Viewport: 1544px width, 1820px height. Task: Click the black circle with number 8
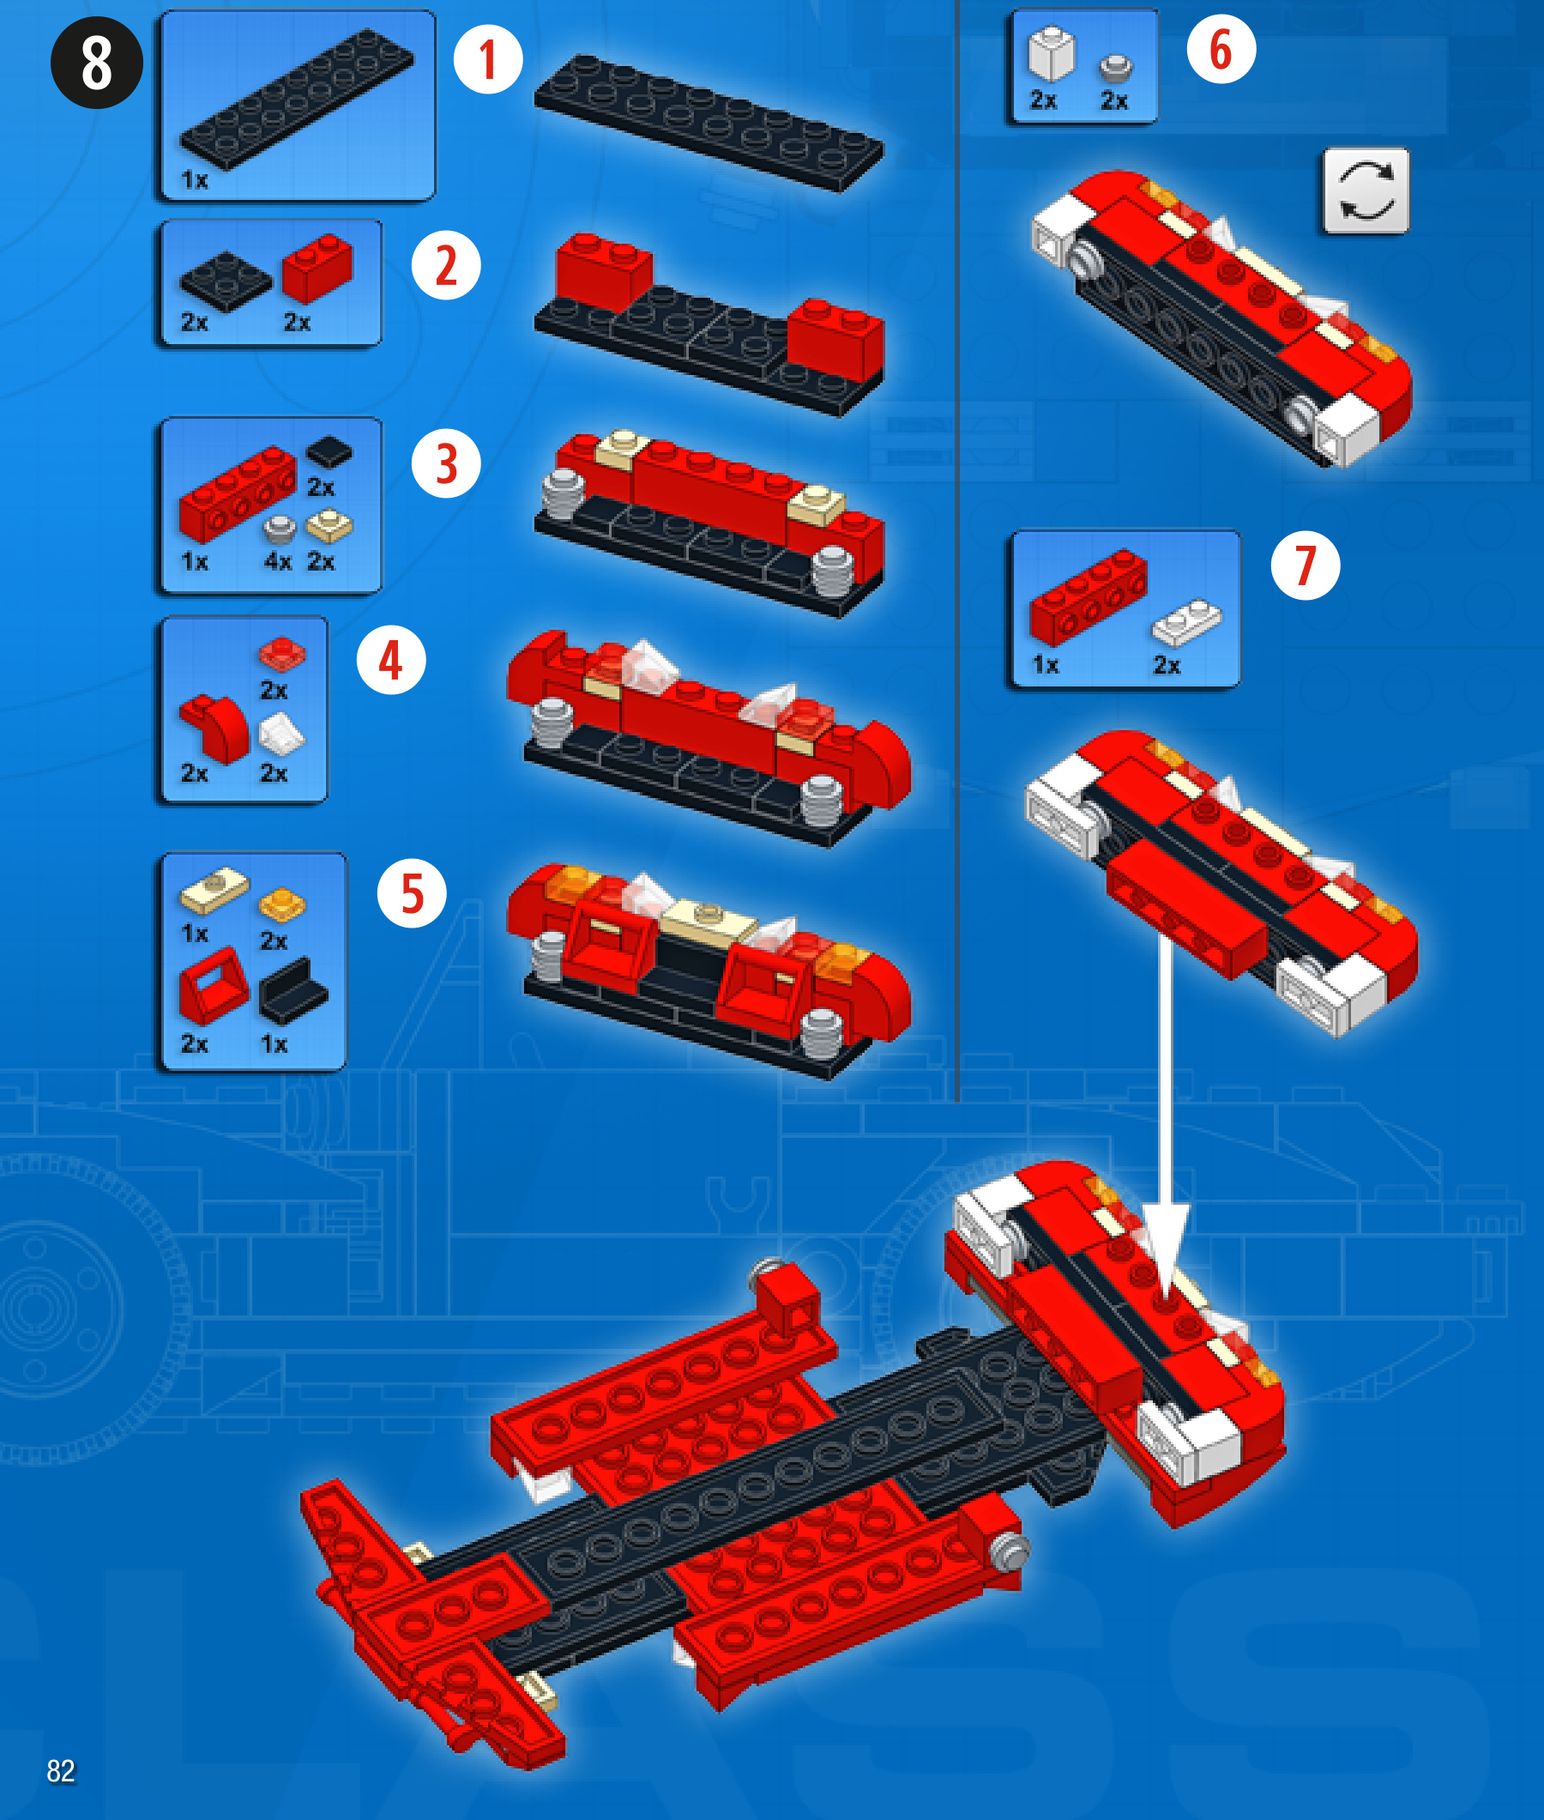pyautogui.click(x=96, y=62)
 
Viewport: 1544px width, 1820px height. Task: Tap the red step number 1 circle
pyautogui.click(x=487, y=59)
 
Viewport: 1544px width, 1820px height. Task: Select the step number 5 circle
pyautogui.click(x=412, y=894)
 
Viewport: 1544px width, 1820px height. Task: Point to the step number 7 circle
pyautogui.click(x=1305, y=565)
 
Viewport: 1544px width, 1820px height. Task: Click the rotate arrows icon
pyautogui.click(x=1366, y=190)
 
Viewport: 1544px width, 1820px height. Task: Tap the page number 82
pyautogui.click(x=60, y=1770)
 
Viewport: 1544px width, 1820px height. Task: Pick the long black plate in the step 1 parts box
pyautogui.click(x=297, y=98)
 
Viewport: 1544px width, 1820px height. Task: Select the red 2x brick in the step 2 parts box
pyautogui.click(x=317, y=267)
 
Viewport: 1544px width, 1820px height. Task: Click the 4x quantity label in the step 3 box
pyautogui.click(x=277, y=561)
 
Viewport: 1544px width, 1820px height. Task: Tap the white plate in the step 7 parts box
pyautogui.click(x=1186, y=621)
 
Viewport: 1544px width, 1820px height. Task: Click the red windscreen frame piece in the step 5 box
pyautogui.click(x=214, y=985)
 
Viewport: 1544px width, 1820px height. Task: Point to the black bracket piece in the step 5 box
pyautogui.click(x=293, y=990)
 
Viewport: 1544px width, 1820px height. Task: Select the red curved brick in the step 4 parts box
pyautogui.click(x=214, y=729)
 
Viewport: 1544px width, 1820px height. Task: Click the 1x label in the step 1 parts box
pyautogui.click(x=195, y=180)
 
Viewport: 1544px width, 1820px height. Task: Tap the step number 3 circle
pyautogui.click(x=445, y=463)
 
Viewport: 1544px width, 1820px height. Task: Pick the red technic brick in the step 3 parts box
pyautogui.click(x=238, y=493)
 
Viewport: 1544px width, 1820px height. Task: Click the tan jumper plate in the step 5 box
pyautogui.click(x=214, y=890)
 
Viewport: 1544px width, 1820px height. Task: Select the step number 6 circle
pyautogui.click(x=1221, y=49)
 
